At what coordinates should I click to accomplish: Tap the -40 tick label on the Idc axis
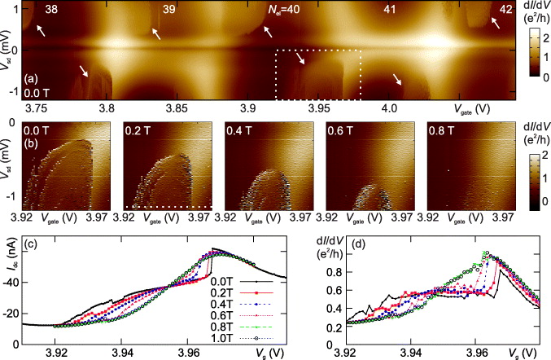(x=35, y=284)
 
